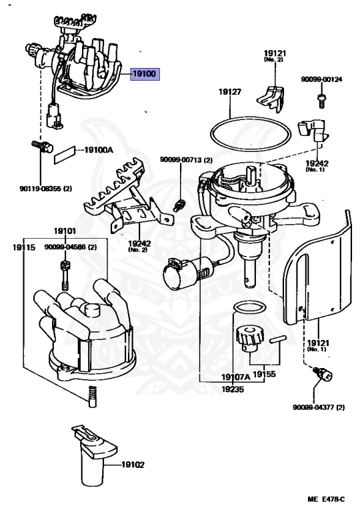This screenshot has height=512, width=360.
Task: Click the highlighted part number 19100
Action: (x=145, y=74)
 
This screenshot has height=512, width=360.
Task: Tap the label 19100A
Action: (x=99, y=150)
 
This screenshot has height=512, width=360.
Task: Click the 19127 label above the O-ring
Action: (x=229, y=92)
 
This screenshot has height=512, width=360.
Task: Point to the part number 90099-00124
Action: (x=321, y=79)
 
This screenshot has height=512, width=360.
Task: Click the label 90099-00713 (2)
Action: (x=186, y=160)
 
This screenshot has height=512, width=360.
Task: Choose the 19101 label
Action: (x=65, y=231)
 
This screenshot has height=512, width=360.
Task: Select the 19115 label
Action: (x=24, y=247)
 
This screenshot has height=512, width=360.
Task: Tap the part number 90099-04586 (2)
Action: (x=71, y=247)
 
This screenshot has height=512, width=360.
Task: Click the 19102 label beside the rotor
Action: (x=133, y=464)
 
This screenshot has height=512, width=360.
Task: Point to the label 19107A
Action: (x=235, y=377)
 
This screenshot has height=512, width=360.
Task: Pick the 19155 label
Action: (x=264, y=374)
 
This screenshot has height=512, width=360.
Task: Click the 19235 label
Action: (x=233, y=389)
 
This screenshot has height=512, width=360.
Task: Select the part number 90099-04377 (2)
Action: (x=319, y=407)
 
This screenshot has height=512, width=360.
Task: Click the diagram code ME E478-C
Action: (x=326, y=499)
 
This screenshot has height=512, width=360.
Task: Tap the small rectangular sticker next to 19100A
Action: (x=65, y=154)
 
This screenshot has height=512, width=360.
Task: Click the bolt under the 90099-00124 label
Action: (x=321, y=100)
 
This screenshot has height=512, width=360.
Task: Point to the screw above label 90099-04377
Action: (x=323, y=373)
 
